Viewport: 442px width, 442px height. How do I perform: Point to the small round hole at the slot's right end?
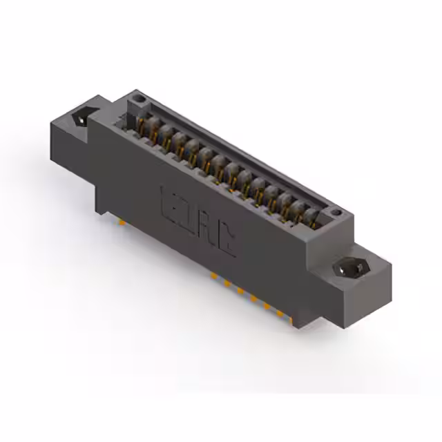[x=335, y=213]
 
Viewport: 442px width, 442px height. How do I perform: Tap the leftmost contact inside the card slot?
[x=142, y=126]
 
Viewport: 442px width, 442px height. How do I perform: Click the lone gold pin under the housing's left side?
[x=122, y=223]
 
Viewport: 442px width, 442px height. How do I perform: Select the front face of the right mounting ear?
[x=345, y=304]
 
